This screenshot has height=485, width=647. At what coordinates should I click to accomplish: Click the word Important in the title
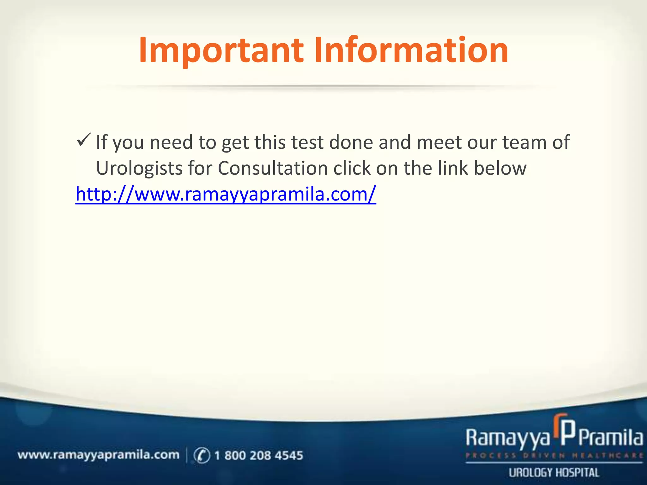(221, 51)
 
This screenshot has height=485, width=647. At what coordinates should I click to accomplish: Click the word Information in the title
(411, 51)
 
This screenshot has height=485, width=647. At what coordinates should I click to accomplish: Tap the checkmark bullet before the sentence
(83, 140)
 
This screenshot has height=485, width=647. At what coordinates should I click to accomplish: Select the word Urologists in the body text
(139, 168)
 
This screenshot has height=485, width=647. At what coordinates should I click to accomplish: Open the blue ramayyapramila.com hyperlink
(226, 194)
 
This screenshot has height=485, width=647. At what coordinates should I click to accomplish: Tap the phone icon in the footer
(202, 455)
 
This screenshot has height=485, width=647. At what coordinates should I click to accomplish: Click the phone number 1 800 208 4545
(258, 455)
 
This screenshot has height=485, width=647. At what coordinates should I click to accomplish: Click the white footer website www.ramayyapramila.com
(98, 455)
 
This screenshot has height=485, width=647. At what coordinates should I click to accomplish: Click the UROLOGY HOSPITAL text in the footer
(554, 473)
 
